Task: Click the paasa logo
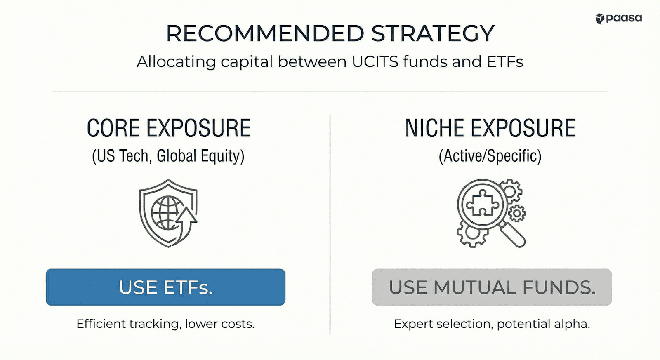[618, 19]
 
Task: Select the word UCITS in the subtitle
[375, 62]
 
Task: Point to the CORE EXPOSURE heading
[168, 128]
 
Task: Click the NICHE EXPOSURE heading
[490, 128]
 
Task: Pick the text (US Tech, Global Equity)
[168, 156]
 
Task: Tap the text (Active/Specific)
[490, 156]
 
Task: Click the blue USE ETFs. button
[165, 287]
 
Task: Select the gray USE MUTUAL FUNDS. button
[492, 287]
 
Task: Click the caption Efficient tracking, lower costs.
[165, 324]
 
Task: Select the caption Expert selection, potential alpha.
[492, 324]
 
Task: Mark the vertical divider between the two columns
[330, 225]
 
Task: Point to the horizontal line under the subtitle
[330, 92]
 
